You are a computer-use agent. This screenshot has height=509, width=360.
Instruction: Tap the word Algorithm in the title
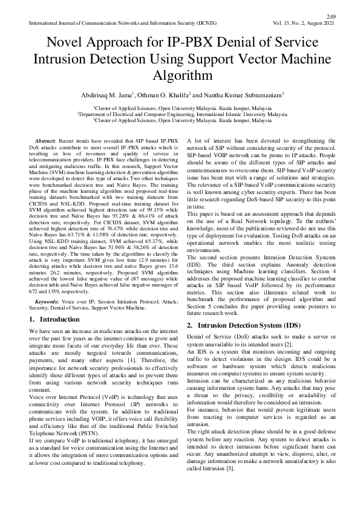coord(179,76)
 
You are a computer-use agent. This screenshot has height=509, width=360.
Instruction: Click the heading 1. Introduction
coord(53,319)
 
